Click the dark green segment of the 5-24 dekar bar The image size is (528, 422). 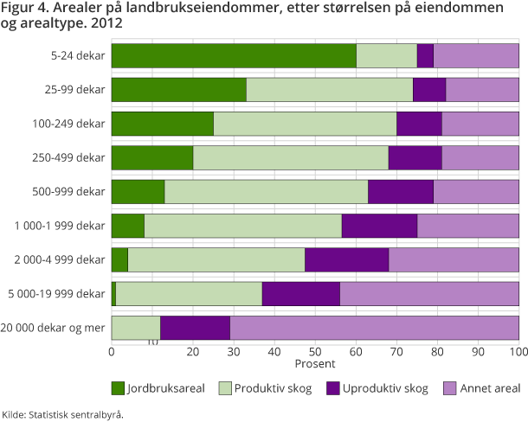(234, 55)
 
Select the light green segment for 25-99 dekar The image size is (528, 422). (330, 89)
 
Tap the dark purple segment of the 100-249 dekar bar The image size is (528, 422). (419, 124)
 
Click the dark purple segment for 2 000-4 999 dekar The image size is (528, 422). (346, 259)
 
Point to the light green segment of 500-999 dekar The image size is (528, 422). (266, 191)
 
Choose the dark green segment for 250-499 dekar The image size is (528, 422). (152, 157)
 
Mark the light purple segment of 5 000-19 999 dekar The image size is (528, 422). (429, 294)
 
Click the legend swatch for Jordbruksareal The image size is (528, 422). (118, 387)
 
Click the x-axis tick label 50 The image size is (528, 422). (315, 351)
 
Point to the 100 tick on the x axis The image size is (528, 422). (517, 351)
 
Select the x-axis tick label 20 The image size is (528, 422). (192, 351)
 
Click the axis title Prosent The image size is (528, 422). (315, 362)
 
